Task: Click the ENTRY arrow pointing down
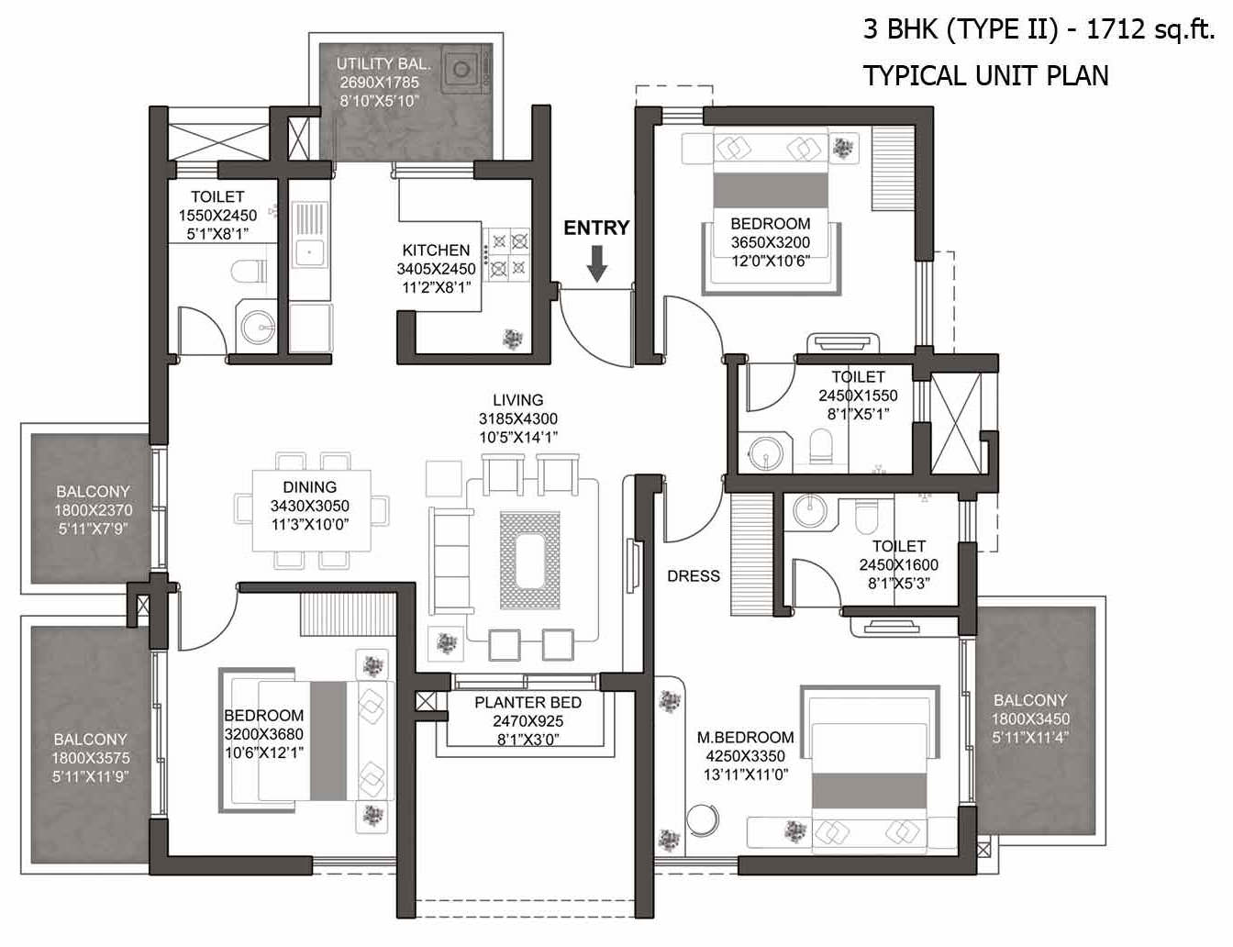[x=596, y=263]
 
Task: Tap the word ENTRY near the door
[x=596, y=228]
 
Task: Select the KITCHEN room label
[x=436, y=251]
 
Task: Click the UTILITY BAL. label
[x=383, y=63]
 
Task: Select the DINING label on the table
[x=310, y=487]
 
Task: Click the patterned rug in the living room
[x=530, y=560]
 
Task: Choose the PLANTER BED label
[x=528, y=702]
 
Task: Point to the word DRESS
[x=694, y=576]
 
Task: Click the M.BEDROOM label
[x=745, y=737]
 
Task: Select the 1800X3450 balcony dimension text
[x=1030, y=719]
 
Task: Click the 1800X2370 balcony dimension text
[x=93, y=510]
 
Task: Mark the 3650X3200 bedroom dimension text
[x=770, y=242]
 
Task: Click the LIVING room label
[x=517, y=400]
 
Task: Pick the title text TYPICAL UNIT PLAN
[x=985, y=75]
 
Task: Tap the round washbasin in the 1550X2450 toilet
[x=258, y=328]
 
